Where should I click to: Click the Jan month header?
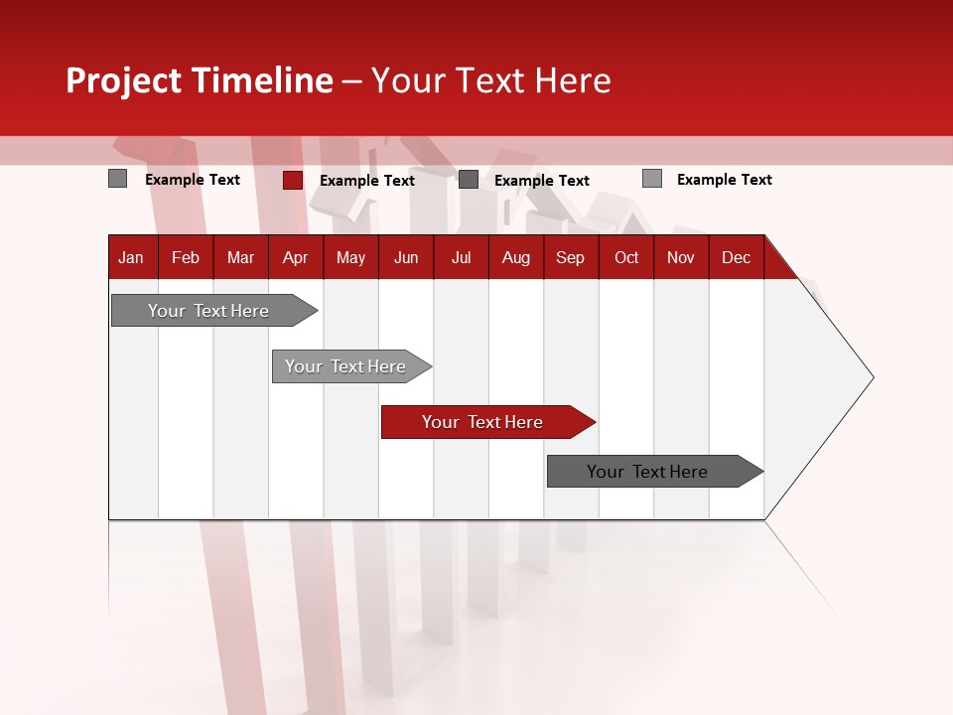132,258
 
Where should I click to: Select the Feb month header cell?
186,258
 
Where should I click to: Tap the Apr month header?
296,258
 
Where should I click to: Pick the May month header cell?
350,258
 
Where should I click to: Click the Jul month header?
461,258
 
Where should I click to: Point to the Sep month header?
571,258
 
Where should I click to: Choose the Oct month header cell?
626,258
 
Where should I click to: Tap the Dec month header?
737,258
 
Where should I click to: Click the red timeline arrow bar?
486,422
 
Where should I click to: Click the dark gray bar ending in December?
651,472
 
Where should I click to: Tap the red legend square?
293,180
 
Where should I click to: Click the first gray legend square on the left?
118,179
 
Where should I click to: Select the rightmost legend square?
652,179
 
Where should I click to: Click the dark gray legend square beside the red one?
469,180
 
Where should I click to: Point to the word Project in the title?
123,80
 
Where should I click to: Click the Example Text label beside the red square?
367,181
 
